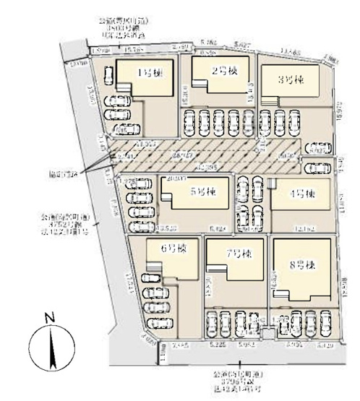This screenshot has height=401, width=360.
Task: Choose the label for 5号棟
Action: point(203,192)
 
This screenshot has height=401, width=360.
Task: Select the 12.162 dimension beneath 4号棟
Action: point(302,228)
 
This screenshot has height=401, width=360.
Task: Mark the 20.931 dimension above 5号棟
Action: point(178,176)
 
